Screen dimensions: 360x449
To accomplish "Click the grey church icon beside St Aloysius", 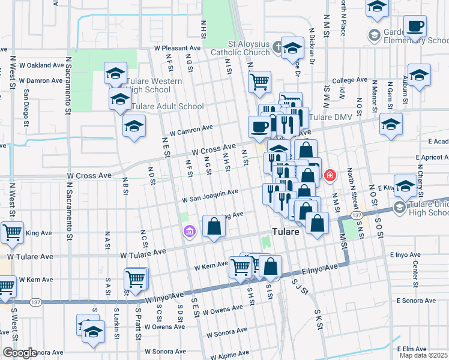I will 277,46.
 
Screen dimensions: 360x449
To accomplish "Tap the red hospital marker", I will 330,176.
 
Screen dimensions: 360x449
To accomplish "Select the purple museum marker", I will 190,231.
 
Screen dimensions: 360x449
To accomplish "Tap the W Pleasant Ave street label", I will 177,47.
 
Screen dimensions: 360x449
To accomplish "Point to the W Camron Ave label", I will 191,128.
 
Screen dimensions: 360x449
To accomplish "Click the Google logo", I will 20,353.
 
